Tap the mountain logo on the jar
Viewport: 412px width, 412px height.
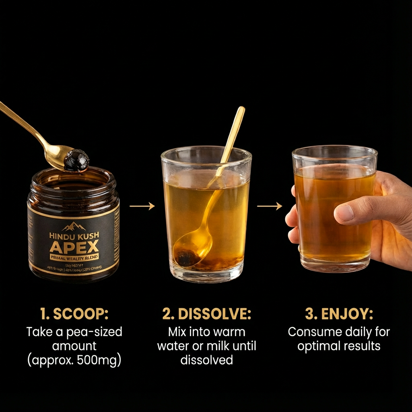(x=74, y=227)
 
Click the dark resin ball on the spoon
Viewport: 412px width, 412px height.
(x=76, y=160)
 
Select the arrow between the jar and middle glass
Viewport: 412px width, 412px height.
(x=142, y=206)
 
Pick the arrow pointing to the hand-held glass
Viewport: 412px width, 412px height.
(x=270, y=206)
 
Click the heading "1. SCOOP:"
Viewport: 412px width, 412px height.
(x=74, y=314)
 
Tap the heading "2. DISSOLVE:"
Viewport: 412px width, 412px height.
(x=206, y=314)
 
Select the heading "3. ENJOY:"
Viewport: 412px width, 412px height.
(x=339, y=314)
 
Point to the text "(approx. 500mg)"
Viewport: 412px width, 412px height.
(x=74, y=360)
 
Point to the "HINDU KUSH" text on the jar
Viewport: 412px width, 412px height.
(x=74, y=235)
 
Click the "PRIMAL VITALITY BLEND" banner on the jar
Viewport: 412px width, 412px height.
(x=74, y=257)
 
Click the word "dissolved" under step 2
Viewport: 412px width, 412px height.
(x=206, y=360)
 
